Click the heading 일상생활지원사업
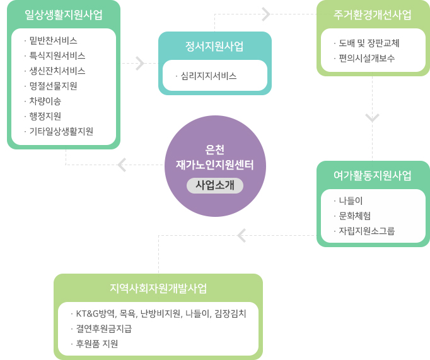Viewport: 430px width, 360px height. [x=64, y=15]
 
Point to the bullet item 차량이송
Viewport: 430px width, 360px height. [x=45, y=101]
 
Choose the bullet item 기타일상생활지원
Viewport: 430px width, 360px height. [x=61, y=131]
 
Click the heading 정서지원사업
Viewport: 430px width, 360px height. [x=214, y=46]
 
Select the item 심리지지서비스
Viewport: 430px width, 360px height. [x=208, y=76]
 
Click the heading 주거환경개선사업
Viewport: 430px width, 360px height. [x=373, y=15]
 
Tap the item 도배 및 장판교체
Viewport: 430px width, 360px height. [x=369, y=44]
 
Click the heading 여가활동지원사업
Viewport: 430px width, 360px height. [x=373, y=175]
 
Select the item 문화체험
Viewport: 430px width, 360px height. [x=354, y=216]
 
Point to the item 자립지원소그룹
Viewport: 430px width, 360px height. [x=366, y=231]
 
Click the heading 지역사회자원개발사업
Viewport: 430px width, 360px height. [x=158, y=288]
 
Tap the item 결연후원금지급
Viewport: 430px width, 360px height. [x=104, y=328]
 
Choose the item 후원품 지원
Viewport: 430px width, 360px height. [x=97, y=344]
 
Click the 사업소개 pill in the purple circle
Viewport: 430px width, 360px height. [x=215, y=185]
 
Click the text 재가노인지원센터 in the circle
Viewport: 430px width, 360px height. [x=215, y=165]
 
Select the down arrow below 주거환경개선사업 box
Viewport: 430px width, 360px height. [x=373, y=118]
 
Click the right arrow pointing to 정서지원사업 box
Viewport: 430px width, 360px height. [x=139, y=63]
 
